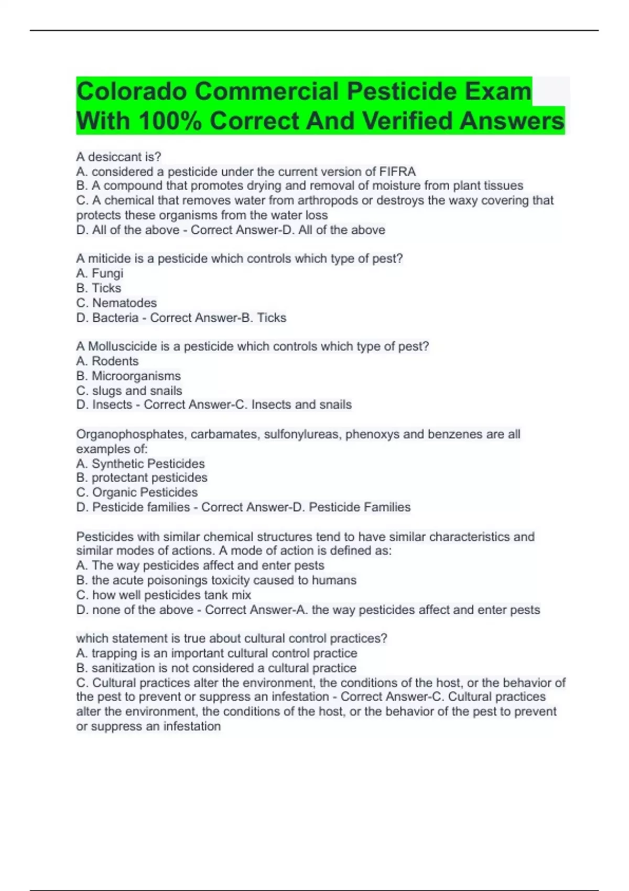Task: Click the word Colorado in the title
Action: (x=132, y=92)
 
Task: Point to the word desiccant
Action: (x=112, y=157)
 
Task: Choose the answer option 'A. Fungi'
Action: (x=100, y=273)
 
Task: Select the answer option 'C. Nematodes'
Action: (x=116, y=302)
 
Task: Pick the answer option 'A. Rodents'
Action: (x=107, y=361)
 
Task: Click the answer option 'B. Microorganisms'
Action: (x=128, y=376)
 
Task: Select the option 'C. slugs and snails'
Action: (x=129, y=390)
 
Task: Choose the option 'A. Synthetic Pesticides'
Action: (x=140, y=463)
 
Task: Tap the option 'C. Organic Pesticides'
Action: (x=137, y=492)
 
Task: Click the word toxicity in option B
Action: (x=230, y=580)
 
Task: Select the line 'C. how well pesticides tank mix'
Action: (x=164, y=595)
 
